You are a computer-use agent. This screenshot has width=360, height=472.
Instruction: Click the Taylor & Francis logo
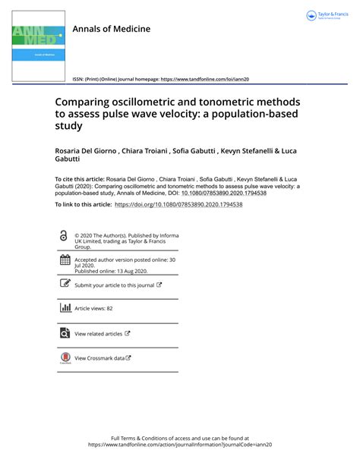coord(326,15)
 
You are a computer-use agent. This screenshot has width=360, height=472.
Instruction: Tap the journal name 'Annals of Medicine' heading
coord(111,29)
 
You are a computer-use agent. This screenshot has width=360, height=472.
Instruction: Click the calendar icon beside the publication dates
coord(64,261)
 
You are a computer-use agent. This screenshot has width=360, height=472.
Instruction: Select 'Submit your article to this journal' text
coord(114,285)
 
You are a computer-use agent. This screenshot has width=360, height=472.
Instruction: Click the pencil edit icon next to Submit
coord(64,285)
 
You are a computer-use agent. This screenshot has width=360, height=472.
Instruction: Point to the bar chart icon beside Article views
coord(64,308)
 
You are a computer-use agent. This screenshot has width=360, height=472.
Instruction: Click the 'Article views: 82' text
coord(93,309)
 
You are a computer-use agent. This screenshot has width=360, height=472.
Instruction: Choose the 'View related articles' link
coord(98,333)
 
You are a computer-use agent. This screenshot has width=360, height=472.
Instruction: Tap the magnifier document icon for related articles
coord(64,332)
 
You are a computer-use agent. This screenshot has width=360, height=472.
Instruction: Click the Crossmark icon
coord(64,357)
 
